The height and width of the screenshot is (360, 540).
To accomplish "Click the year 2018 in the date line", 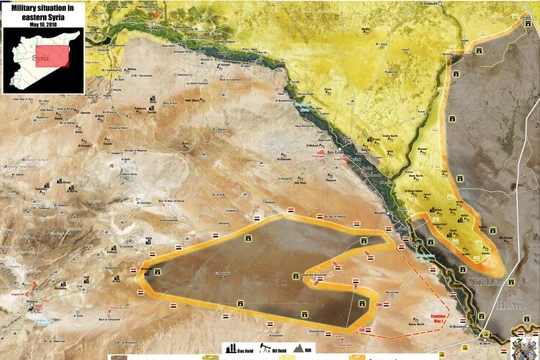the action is coord(47,24).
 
